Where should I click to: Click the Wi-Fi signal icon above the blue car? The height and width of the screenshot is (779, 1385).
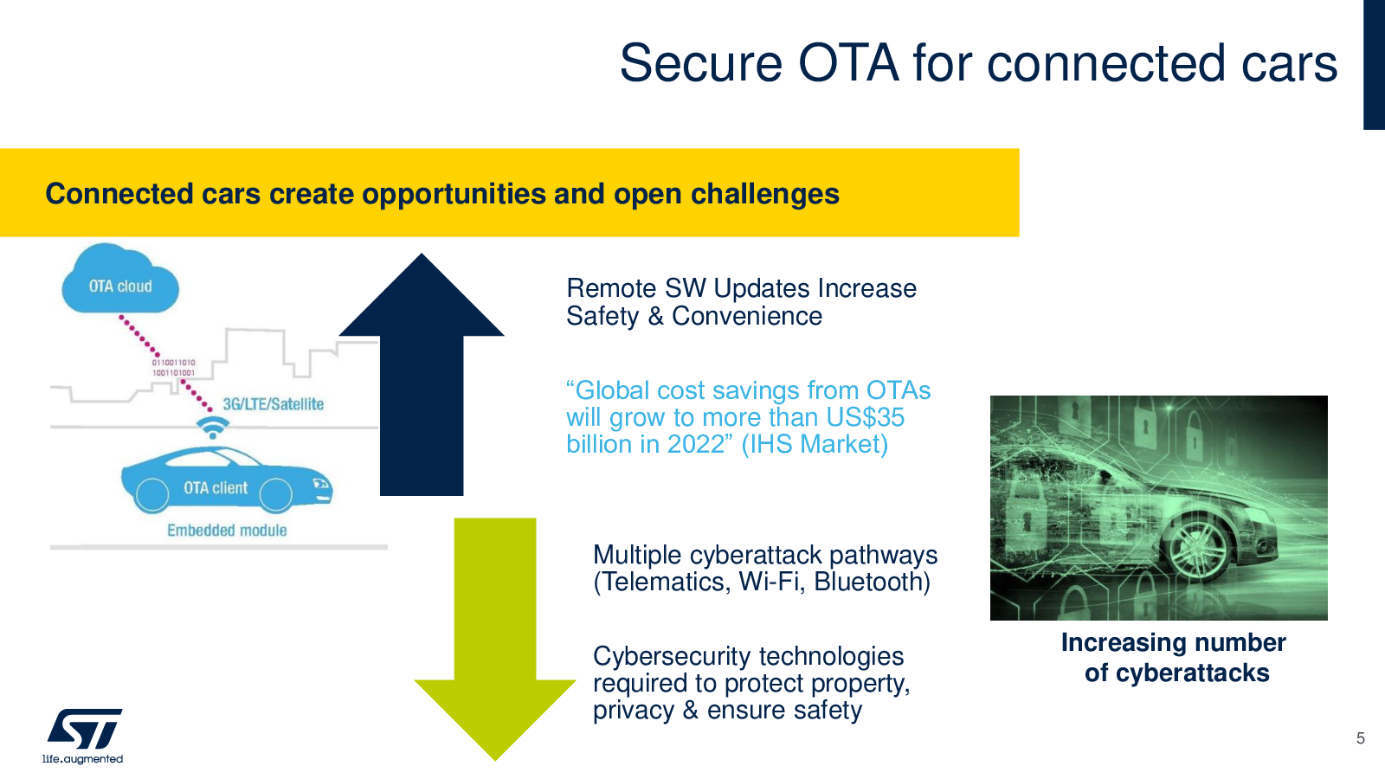click(213, 427)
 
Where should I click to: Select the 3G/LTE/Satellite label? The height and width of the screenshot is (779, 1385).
click(274, 404)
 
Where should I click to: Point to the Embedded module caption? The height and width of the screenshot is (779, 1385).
click(227, 531)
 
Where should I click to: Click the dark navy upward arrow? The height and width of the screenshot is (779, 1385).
click(422, 374)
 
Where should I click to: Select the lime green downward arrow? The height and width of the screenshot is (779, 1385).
click(495, 639)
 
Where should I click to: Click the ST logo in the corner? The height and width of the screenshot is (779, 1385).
click(85, 728)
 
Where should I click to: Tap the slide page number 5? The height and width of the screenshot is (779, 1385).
click(1360, 738)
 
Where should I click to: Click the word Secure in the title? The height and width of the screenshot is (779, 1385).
click(701, 63)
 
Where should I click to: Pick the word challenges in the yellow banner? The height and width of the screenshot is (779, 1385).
click(765, 194)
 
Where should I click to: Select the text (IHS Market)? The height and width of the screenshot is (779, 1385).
click(815, 445)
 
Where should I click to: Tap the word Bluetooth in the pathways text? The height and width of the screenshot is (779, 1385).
click(872, 583)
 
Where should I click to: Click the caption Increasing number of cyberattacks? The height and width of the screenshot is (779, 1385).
click(1174, 658)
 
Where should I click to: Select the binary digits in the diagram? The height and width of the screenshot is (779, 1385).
click(174, 368)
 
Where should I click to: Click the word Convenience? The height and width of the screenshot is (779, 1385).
click(747, 317)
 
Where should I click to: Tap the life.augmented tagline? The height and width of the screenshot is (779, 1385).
click(82, 759)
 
